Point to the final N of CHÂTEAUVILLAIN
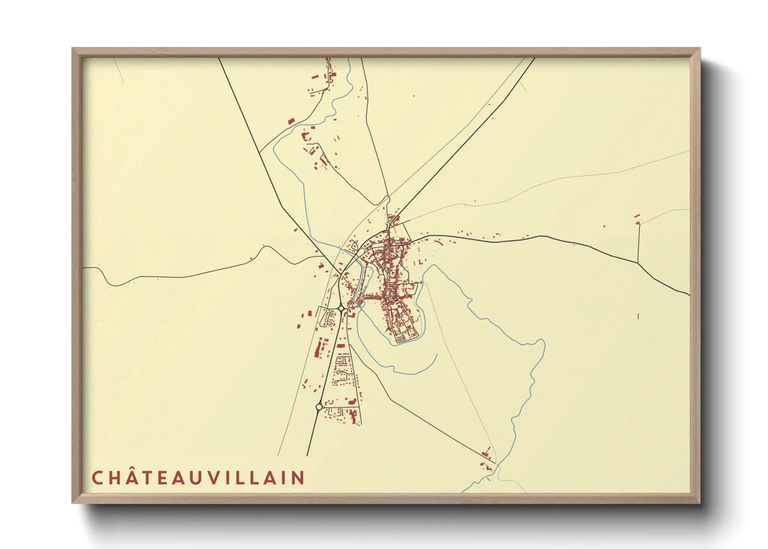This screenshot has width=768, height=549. click(x=298, y=478)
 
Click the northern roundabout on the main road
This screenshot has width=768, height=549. click(x=341, y=308)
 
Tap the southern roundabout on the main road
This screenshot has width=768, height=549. click(x=319, y=407)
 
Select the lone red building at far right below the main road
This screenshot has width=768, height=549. click(x=638, y=315)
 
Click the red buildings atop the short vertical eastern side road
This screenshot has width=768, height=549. click(x=637, y=218)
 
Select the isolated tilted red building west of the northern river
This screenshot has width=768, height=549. click(x=291, y=121)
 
